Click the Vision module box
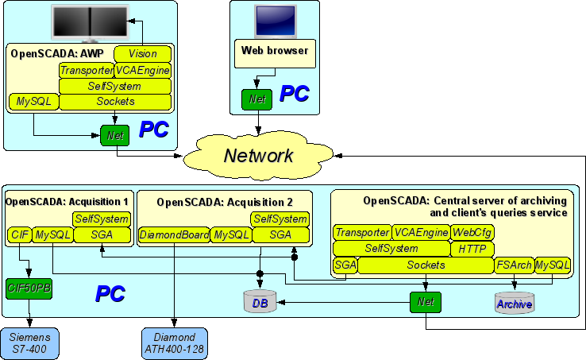coord(142,54)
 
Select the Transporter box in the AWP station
coord(87,71)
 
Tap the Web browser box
coord(275,54)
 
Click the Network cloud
coord(259,156)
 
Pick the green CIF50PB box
coord(29,288)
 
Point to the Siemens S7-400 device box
coord(29,343)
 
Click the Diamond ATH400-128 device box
coord(174,343)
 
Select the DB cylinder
coord(260,301)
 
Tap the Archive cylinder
coord(515,303)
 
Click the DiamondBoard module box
coord(174,235)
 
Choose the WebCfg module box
coord(472,233)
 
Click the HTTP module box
coord(472,249)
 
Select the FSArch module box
coord(514,265)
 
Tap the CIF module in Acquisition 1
coord(20,235)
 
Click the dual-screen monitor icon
coord(91,22)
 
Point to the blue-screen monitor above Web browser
coord(276,21)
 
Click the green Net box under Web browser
coord(257,99)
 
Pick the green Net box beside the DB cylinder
coord(426,302)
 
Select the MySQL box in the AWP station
coord(34,102)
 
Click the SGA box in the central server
coord(345,265)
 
